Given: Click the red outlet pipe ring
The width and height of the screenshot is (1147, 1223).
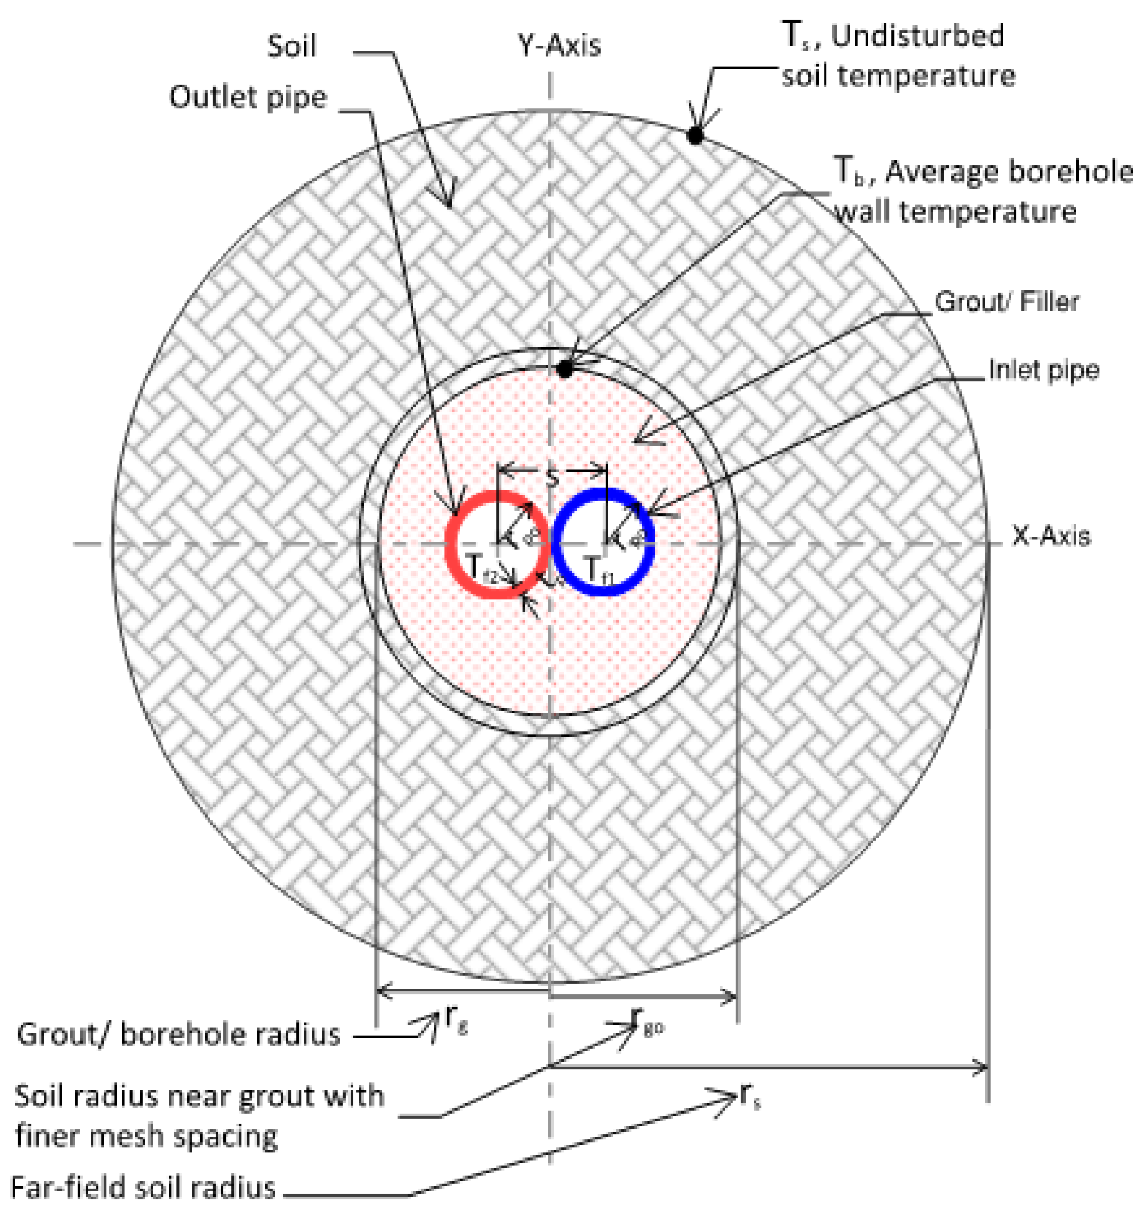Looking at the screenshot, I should pyautogui.click(x=450, y=544).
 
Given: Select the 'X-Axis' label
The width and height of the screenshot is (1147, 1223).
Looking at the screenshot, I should pyautogui.click(x=1050, y=536).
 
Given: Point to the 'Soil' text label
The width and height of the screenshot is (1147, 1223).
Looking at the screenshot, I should pyautogui.click(x=292, y=46).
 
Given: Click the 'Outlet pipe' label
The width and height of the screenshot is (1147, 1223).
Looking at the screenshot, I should pyautogui.click(x=248, y=97).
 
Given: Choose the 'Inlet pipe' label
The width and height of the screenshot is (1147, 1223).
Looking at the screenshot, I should pyautogui.click(x=1043, y=370).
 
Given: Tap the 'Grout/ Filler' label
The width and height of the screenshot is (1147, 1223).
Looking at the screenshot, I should pyautogui.click(x=1006, y=301).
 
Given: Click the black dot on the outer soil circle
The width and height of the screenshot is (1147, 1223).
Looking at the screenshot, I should pyautogui.click(x=695, y=135).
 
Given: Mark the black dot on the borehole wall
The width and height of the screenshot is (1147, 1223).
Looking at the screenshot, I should pyautogui.click(x=564, y=369).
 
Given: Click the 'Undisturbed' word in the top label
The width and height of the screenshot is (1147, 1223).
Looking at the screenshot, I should pyautogui.click(x=917, y=35).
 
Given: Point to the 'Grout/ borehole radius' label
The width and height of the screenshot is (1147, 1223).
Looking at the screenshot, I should pyautogui.click(x=178, y=1034).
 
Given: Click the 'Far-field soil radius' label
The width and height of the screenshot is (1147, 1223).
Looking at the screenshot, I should pyautogui.click(x=144, y=1188).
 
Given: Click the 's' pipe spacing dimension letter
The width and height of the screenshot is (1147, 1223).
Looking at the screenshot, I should pyautogui.click(x=552, y=477).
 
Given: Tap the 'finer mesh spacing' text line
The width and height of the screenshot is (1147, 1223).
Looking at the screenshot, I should pyautogui.click(x=146, y=1136).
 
